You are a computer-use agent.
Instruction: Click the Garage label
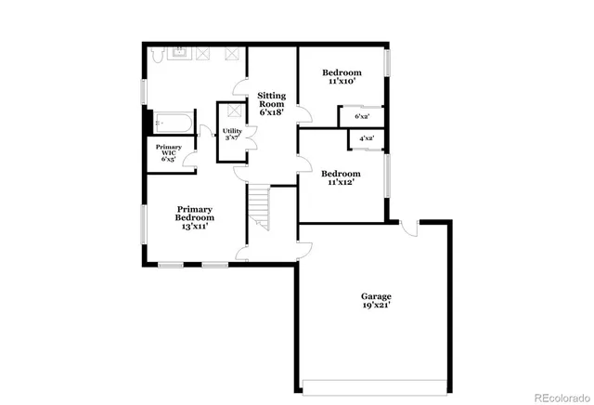376,296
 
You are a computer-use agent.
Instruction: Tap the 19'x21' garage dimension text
376,306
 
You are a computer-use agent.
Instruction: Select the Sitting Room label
271,99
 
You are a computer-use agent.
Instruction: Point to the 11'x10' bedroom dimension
341,82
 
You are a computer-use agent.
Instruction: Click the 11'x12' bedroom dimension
341,182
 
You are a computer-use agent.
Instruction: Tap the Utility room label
232,132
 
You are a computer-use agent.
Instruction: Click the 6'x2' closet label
361,116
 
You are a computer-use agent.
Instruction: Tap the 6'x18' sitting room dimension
271,112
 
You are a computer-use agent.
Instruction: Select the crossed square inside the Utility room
230,111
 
